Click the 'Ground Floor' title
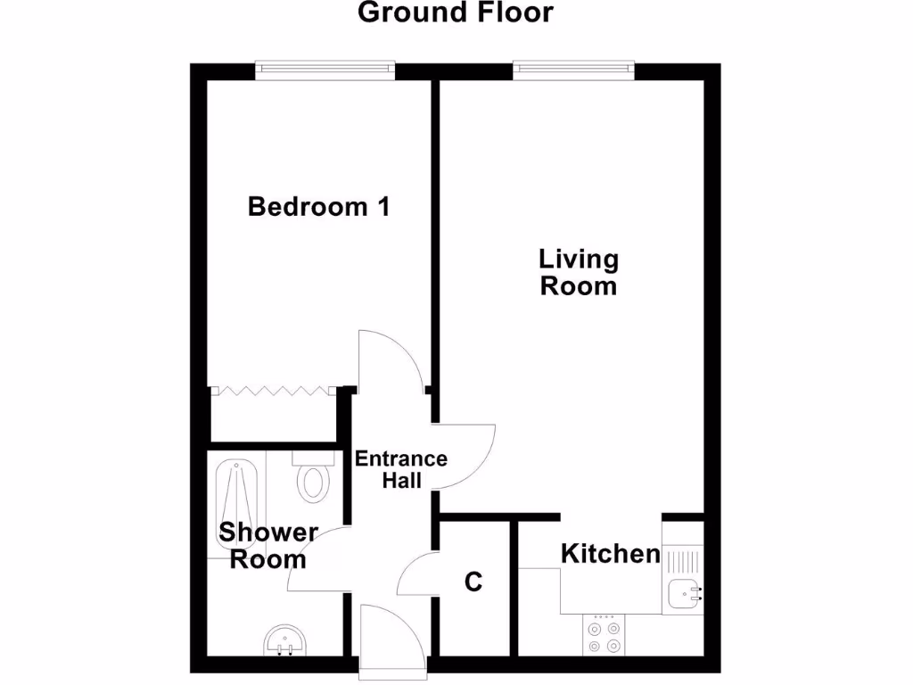point(456,13)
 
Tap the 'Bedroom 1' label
point(318,207)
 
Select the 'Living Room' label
point(579,273)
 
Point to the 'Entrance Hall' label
point(401,469)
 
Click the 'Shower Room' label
point(268,546)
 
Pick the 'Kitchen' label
point(611,554)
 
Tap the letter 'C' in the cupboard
point(473,582)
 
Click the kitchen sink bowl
point(686,591)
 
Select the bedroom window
point(324,70)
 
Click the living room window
point(573,70)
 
